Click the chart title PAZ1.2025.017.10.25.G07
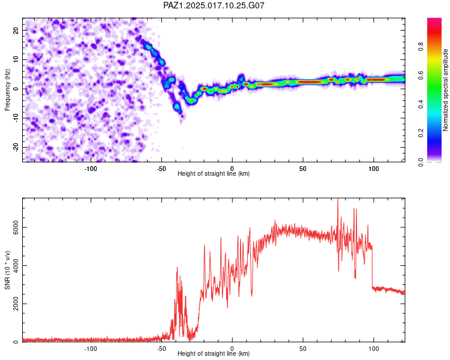click(214, 5)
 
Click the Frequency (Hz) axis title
click(7, 90)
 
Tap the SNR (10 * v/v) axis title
click(7, 270)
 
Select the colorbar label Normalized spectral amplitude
click(445, 90)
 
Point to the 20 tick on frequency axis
click(16, 30)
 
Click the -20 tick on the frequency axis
click(16, 147)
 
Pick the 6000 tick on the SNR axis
click(16, 227)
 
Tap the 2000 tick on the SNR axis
click(16, 304)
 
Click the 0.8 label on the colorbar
click(421, 46)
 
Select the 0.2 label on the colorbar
click(421, 133)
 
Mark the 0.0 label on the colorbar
click(421, 162)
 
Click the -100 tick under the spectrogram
click(91, 169)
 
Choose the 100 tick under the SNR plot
click(374, 349)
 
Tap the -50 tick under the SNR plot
click(161, 349)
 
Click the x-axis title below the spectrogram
click(214, 173)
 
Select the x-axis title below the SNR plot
click(214, 353)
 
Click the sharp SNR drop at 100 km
click(372, 267)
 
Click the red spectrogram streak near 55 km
click(310, 82)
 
